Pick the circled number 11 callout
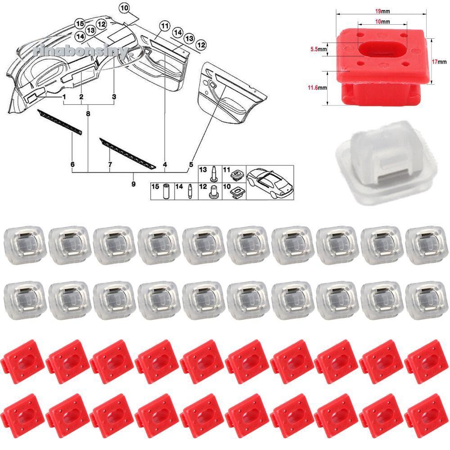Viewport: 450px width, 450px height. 165,26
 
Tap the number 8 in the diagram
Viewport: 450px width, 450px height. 88,114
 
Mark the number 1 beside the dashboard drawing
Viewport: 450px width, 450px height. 64,97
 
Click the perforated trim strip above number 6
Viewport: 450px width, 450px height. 60,121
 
